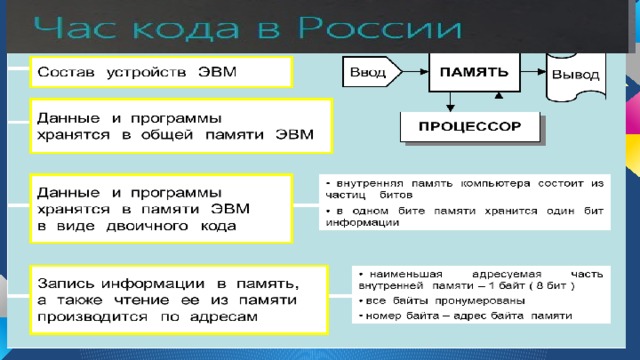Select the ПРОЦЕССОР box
(x=469, y=128)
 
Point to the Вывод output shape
(x=576, y=74)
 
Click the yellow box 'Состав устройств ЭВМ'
(x=159, y=72)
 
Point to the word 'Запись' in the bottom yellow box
(x=66, y=281)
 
